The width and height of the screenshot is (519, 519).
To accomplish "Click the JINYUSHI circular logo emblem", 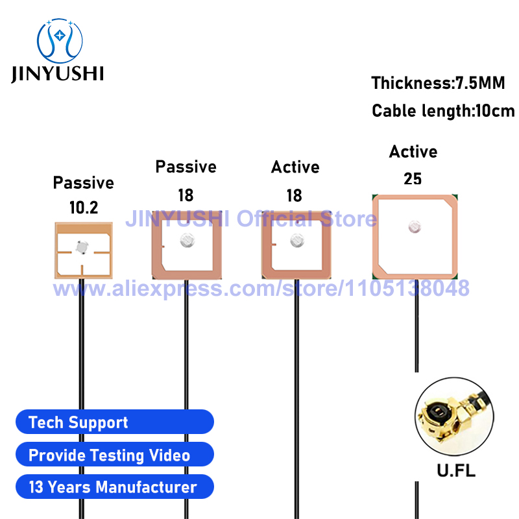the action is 60,41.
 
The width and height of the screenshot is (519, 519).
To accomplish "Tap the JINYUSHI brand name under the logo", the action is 57,73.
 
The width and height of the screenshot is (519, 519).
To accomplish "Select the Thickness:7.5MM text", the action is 438,83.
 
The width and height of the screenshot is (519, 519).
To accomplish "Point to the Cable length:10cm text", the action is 443,110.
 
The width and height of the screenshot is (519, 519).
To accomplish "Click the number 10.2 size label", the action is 84,208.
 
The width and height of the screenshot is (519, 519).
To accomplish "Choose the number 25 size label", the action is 413,179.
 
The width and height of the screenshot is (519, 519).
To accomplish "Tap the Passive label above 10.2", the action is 84,183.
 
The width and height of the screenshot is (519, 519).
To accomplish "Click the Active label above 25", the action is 413,152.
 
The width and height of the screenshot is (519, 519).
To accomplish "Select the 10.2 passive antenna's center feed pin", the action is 82,247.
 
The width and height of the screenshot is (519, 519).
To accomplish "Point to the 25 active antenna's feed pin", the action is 415,226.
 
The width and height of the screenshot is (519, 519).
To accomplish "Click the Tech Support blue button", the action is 115,422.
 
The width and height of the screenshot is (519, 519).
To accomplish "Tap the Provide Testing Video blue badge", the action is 115,454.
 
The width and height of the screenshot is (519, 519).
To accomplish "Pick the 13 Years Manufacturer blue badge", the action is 115,487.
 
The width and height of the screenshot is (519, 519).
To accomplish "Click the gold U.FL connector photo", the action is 454,416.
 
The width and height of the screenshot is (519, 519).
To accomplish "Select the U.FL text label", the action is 456,470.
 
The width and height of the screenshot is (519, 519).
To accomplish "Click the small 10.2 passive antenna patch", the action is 84,250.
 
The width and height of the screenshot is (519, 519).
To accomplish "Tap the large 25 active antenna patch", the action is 415,237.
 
